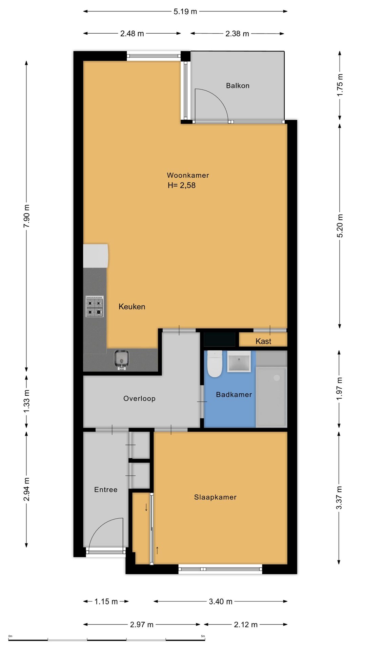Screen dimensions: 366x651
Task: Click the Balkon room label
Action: pos(238,86)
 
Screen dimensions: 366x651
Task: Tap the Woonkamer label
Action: pos(188,175)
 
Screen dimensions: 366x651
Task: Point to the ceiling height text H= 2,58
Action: pos(182,185)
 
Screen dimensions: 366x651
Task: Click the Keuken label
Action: pos(132,307)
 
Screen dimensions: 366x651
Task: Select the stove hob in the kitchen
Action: pos(95,307)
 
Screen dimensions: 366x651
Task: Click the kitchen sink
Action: pos(121,360)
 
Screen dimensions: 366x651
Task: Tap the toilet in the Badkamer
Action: pos(215,364)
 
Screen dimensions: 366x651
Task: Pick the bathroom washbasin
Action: pos(239,361)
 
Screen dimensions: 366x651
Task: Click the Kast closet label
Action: pos(263,341)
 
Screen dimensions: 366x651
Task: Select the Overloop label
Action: pos(139,398)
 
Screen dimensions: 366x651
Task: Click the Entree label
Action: pos(106,490)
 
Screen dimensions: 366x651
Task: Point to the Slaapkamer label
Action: pos(215,497)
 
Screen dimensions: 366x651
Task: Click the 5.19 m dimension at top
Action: pos(185,12)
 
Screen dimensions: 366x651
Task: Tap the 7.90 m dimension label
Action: pos(27,216)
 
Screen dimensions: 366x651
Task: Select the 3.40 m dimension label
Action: pos(221,601)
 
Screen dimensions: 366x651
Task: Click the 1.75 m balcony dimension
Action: pos(340,85)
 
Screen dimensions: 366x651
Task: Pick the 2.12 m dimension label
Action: pos(246,625)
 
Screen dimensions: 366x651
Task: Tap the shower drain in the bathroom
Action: pos(277,378)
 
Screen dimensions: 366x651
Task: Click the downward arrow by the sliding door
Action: pos(146,507)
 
